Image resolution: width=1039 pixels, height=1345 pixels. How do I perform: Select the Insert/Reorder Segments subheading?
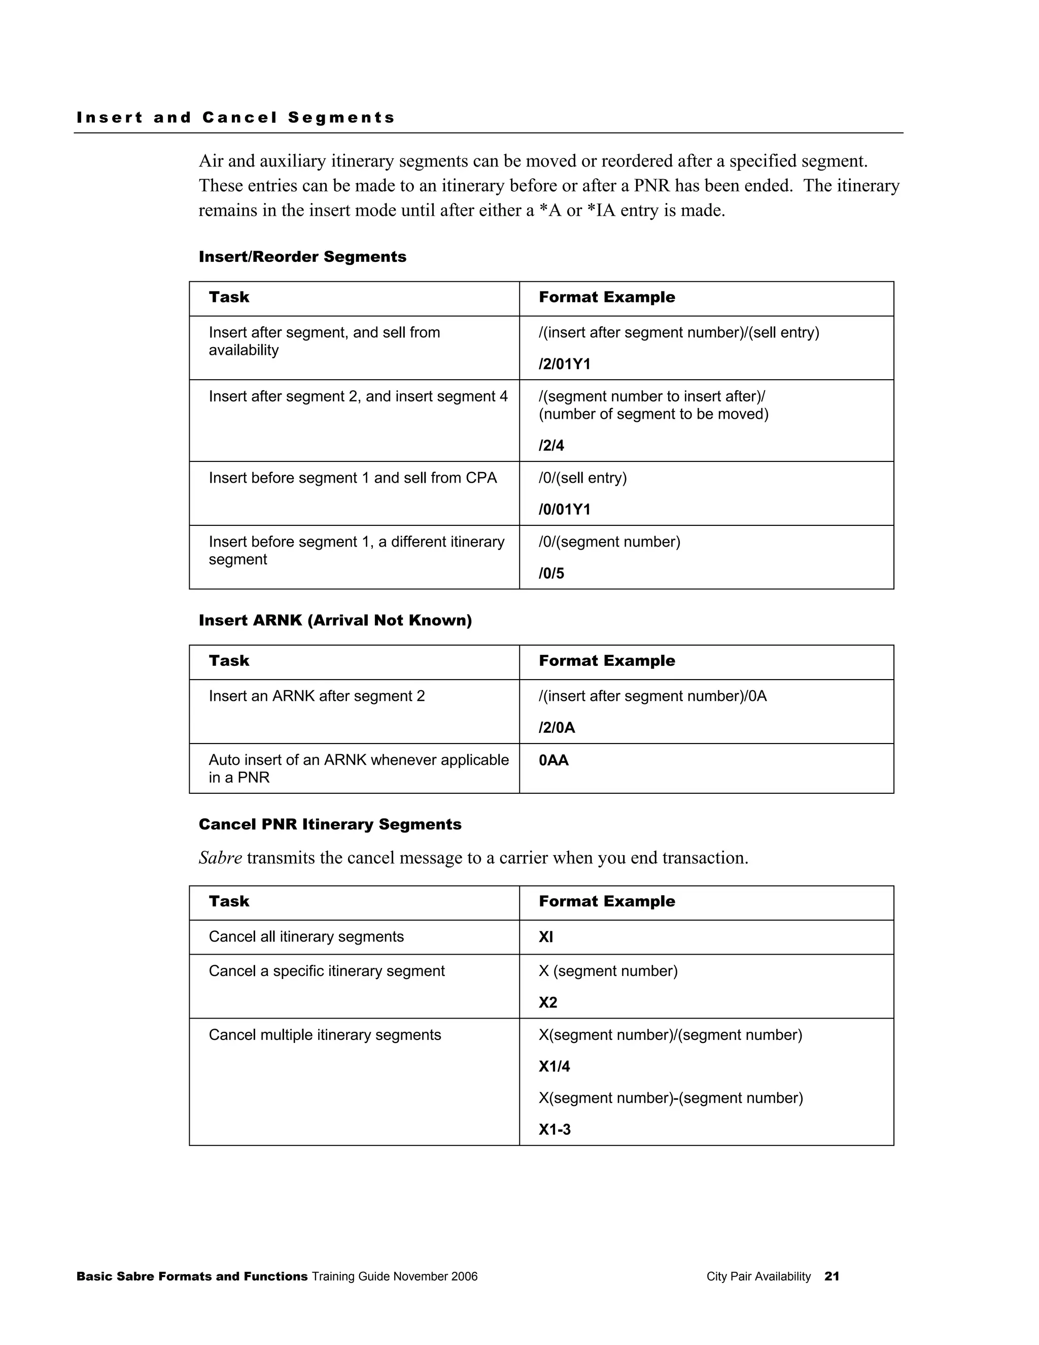pyautogui.click(x=302, y=257)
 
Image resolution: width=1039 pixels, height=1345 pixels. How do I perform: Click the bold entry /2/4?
pyautogui.click(x=551, y=445)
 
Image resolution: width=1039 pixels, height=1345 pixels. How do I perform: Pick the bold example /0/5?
pyautogui.click(x=551, y=574)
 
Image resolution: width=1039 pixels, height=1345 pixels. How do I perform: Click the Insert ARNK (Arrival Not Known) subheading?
pyautogui.click(x=335, y=620)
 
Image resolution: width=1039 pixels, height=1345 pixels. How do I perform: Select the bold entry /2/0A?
pyautogui.click(x=557, y=727)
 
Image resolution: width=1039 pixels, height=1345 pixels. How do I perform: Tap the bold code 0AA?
pyautogui.click(x=553, y=761)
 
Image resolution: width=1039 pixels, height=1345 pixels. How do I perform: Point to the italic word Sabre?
pyautogui.click(x=220, y=858)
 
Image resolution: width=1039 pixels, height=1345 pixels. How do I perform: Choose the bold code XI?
pyautogui.click(x=545, y=937)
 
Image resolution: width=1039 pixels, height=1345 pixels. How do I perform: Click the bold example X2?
pyautogui.click(x=548, y=1002)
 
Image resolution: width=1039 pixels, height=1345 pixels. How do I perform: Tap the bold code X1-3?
pyautogui.click(x=554, y=1129)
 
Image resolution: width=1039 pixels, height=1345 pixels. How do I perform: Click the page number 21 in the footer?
pyautogui.click(x=832, y=1276)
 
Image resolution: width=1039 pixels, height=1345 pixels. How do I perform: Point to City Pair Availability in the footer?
pyautogui.click(x=758, y=1276)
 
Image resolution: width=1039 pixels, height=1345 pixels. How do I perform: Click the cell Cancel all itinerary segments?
pyautogui.click(x=306, y=937)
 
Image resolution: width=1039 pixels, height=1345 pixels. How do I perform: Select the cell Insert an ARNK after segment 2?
pyautogui.click(x=317, y=696)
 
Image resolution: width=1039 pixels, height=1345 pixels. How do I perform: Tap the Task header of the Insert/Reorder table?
pyautogui.click(x=229, y=297)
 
